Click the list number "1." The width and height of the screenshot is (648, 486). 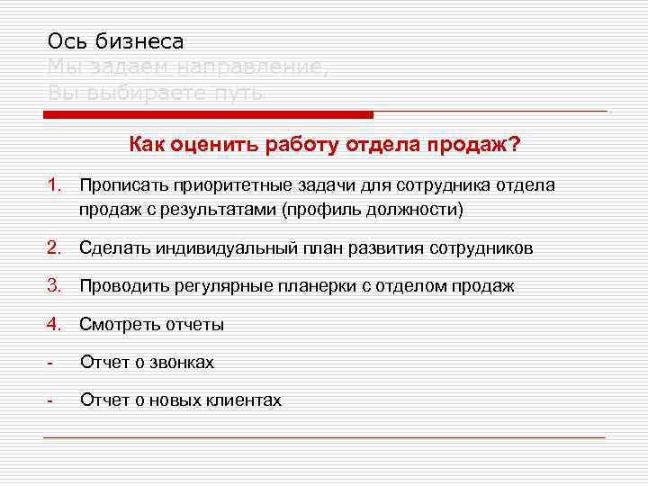(x=56, y=185)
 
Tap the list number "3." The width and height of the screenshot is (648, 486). (x=56, y=286)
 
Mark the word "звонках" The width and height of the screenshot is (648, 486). (x=184, y=363)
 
